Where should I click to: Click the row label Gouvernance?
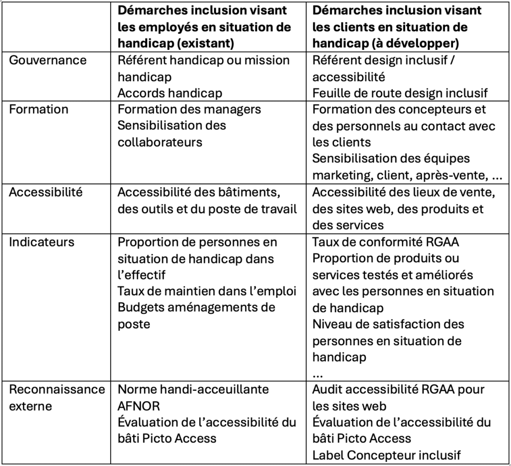(x=48, y=60)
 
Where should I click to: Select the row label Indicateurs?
(x=42, y=242)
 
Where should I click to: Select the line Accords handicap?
(x=170, y=93)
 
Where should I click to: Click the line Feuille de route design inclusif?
(x=400, y=93)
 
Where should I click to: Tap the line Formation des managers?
(x=189, y=109)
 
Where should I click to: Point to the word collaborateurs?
(x=160, y=142)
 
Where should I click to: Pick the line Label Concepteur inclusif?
(x=387, y=455)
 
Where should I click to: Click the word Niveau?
(x=331, y=324)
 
